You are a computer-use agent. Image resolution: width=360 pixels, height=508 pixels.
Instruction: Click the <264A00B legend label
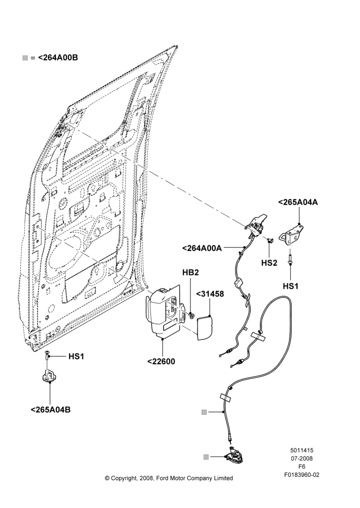(58, 58)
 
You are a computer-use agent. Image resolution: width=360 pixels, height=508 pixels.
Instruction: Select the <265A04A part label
(298, 202)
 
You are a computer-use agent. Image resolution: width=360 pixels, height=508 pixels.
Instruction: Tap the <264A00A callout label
(202, 248)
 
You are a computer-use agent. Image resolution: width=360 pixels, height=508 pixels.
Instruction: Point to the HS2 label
(269, 263)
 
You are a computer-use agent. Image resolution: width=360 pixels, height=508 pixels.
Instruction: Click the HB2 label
(190, 272)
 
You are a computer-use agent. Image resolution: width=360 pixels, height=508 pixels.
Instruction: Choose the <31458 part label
(210, 294)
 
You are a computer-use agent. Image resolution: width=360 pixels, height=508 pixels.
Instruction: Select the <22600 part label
(161, 361)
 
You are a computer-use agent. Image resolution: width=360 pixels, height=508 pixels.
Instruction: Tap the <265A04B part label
(51, 409)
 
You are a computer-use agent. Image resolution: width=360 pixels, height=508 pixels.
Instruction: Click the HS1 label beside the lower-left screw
(76, 357)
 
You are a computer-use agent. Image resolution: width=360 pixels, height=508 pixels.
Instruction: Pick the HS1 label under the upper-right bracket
(291, 286)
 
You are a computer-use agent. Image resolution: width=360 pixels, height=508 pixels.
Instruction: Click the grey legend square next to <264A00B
(25, 58)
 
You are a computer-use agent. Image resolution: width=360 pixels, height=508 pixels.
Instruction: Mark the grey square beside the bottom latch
(205, 457)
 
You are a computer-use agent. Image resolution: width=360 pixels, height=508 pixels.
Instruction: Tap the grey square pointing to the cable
(204, 412)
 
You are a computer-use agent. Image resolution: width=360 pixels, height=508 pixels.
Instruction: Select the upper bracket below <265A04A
(292, 235)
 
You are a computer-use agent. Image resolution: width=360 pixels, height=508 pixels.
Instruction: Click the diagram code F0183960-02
(302, 475)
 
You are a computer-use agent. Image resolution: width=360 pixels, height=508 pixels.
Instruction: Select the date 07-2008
(302, 458)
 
